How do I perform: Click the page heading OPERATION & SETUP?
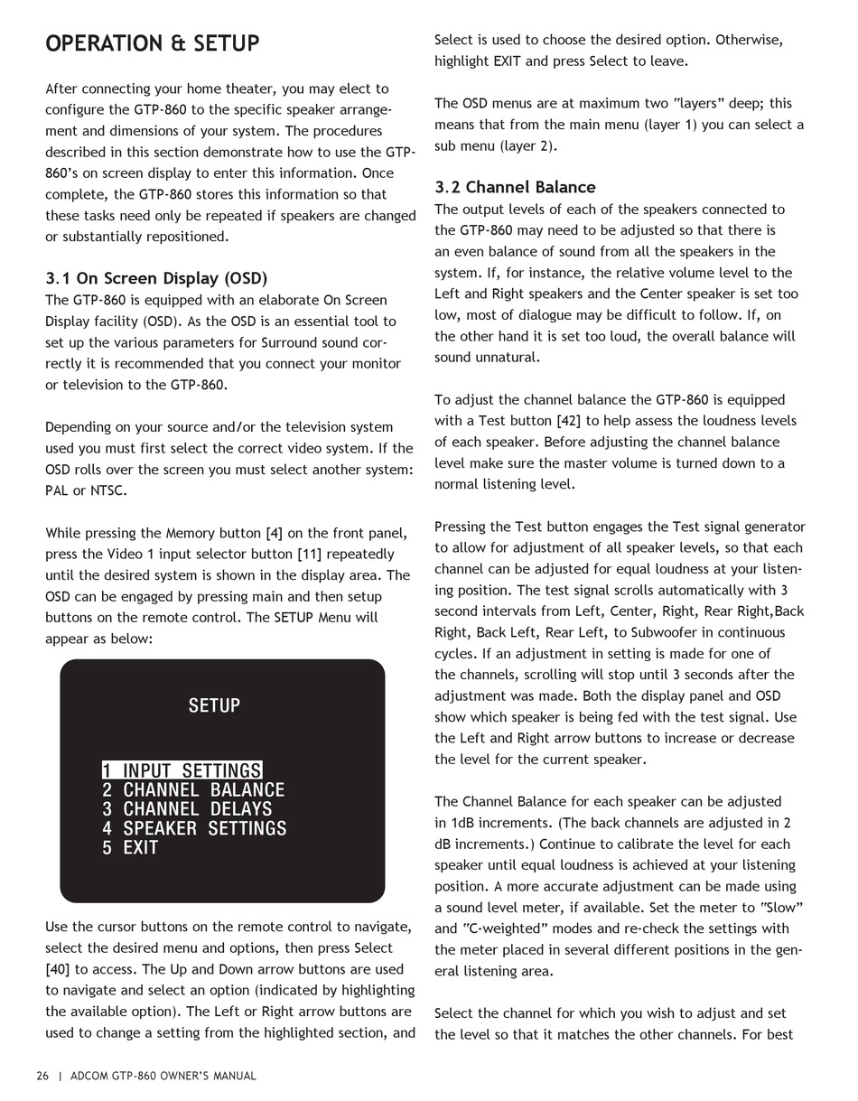click(x=153, y=43)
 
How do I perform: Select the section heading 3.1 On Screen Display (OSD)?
click(x=156, y=278)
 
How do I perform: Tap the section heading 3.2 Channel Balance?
click(x=515, y=187)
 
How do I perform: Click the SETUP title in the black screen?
click(x=214, y=705)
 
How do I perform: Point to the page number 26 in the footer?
click(x=42, y=1076)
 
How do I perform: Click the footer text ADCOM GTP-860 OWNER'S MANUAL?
click(x=163, y=1076)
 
